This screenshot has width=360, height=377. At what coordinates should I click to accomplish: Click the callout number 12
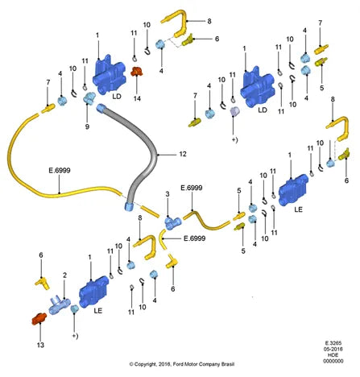pos(183,154)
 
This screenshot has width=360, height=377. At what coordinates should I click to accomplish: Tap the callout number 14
pos(137,98)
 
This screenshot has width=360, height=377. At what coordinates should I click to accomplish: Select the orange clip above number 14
pos(137,72)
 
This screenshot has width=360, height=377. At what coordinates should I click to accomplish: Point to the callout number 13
pos(40,345)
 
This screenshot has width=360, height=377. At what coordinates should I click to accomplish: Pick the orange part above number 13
pos(39,319)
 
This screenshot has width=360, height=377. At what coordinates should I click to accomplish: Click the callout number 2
pos(64,275)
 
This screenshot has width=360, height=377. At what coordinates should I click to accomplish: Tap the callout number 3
pos(168,194)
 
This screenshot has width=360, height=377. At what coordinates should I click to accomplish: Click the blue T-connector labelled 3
pos(173,223)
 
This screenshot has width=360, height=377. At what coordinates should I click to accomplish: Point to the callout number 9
pos(87,126)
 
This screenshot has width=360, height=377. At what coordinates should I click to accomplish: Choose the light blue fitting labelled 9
pos(89,98)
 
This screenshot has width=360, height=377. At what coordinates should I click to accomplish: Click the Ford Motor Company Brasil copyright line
pos(182,364)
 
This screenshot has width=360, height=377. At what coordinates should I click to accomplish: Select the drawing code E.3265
pos(333,343)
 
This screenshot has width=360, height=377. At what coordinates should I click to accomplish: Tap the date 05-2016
pos(333,349)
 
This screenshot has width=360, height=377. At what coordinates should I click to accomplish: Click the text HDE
pos(333,355)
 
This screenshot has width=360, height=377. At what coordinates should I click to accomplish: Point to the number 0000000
pos(333,361)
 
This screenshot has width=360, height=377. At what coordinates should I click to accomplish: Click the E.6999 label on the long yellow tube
pos(60,170)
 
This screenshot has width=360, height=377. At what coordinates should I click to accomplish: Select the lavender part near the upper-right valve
pos(235,111)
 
